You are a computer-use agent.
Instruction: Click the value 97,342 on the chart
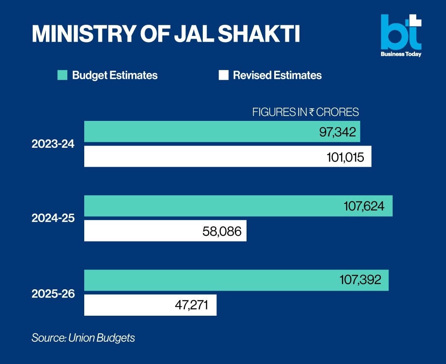(x=337, y=132)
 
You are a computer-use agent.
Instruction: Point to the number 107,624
(x=364, y=206)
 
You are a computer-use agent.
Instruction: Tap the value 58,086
(x=222, y=231)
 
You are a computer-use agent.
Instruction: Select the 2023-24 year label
(x=53, y=144)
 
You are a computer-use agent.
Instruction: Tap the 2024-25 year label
(x=53, y=218)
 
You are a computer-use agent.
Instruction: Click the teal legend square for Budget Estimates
(x=62, y=75)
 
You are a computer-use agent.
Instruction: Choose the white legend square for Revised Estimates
(x=223, y=75)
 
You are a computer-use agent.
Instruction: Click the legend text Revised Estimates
(x=277, y=75)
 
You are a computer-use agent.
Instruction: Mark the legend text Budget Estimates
(x=115, y=75)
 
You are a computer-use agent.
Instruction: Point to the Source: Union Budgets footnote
(x=83, y=338)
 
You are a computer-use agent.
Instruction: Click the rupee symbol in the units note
(x=312, y=112)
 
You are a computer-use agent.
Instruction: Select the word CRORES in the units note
(x=337, y=112)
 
